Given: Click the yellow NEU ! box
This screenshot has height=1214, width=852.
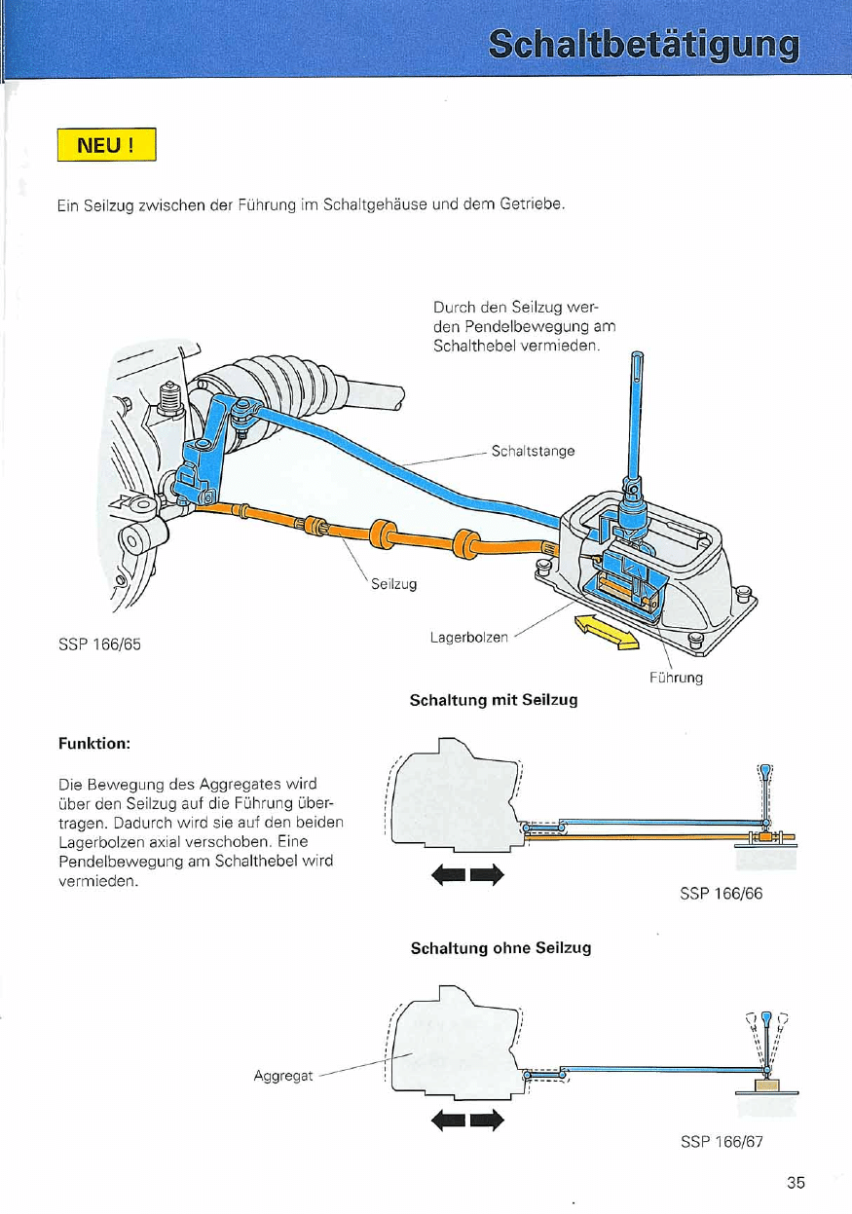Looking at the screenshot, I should [x=106, y=147].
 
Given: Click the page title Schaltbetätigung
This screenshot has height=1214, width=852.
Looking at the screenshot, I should [x=644, y=45].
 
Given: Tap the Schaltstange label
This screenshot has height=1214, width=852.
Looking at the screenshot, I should [x=533, y=451].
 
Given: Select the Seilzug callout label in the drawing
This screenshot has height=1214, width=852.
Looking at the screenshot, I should [x=393, y=584].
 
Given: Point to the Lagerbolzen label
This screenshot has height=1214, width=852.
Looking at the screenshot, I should [x=469, y=638].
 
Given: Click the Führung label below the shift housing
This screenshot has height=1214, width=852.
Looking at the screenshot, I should [x=676, y=678].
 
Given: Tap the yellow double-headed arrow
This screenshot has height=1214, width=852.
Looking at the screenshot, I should [x=607, y=631].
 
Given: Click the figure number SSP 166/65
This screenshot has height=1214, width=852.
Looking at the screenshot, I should [x=100, y=643].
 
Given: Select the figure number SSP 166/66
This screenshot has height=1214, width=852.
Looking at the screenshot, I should [x=721, y=895].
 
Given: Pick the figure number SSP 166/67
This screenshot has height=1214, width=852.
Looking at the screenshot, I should [x=721, y=1143].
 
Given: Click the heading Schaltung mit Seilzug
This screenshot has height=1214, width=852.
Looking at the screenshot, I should [x=494, y=700].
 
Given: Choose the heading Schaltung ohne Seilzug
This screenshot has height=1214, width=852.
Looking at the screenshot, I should [x=500, y=947].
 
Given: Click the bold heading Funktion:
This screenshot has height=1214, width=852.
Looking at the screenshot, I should [x=94, y=743].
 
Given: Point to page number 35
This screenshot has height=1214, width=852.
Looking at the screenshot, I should [x=796, y=1184].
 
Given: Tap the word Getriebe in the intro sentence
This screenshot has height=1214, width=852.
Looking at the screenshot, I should [x=533, y=206].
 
